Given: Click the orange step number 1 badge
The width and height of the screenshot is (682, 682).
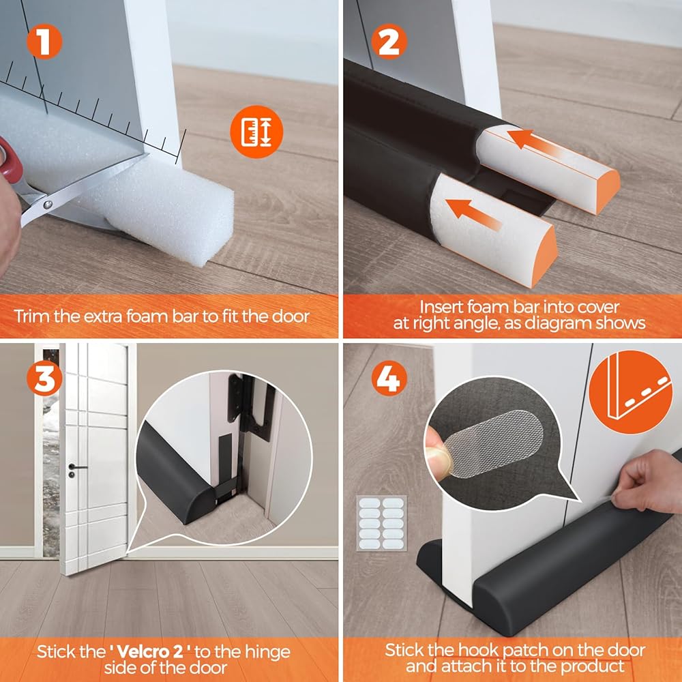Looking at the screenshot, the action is pos(44,42).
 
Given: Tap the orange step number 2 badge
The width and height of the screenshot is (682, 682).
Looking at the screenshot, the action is pos(389,42).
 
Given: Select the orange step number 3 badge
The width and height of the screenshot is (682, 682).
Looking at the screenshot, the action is pos(44,378).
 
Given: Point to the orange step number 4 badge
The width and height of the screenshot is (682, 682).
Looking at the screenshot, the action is pos(389,378).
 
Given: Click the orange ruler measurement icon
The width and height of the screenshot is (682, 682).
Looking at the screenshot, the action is pos(256,132).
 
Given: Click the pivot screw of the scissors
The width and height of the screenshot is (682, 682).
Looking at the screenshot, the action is pos(48,204).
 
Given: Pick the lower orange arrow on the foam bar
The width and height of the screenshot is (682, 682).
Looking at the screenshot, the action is pos(473,214).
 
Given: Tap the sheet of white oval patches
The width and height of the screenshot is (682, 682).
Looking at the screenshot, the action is pos(381,523).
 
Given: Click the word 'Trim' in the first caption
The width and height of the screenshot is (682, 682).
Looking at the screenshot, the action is pos(32,316).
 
